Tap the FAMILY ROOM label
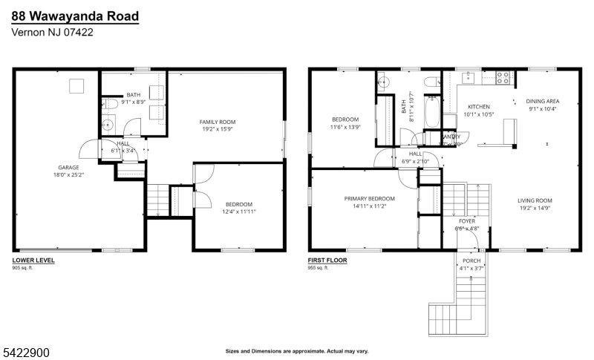217,122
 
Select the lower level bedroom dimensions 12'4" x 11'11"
238,212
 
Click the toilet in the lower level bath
105,104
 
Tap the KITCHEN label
478,107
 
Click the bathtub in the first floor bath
431,111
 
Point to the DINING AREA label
542,101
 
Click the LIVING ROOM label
535,200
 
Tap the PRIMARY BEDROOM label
369,198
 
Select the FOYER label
467,220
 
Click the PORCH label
471,261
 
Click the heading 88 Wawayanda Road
74,16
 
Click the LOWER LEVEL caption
33,261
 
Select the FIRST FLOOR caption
327,261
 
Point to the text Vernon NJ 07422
52,33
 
